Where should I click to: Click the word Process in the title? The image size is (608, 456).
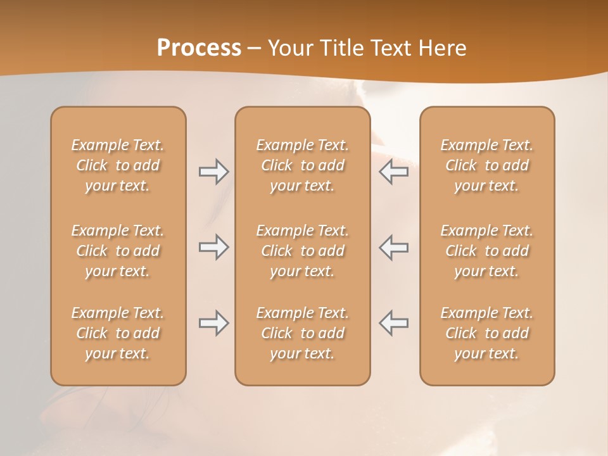coord(199,48)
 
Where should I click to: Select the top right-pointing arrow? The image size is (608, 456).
coord(213,172)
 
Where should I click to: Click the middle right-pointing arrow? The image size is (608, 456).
coord(213,247)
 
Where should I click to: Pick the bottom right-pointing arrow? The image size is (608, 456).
coord(213,323)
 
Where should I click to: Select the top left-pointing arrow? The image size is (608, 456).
coord(394,172)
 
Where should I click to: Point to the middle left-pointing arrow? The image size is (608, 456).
coord(394,247)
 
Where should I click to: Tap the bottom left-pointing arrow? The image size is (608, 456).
coord(394,323)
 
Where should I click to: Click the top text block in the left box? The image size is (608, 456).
coord(118,165)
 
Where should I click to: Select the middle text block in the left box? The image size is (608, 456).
coord(118,251)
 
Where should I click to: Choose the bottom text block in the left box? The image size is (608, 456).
coord(118,333)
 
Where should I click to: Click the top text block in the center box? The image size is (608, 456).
coord(302,165)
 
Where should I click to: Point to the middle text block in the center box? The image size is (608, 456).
coord(302,251)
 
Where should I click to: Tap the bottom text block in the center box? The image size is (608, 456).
coord(302,333)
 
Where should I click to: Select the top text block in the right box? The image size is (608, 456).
coord(487,165)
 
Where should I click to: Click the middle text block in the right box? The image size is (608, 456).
coord(487,251)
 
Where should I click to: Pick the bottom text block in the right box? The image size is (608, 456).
coord(487,333)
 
